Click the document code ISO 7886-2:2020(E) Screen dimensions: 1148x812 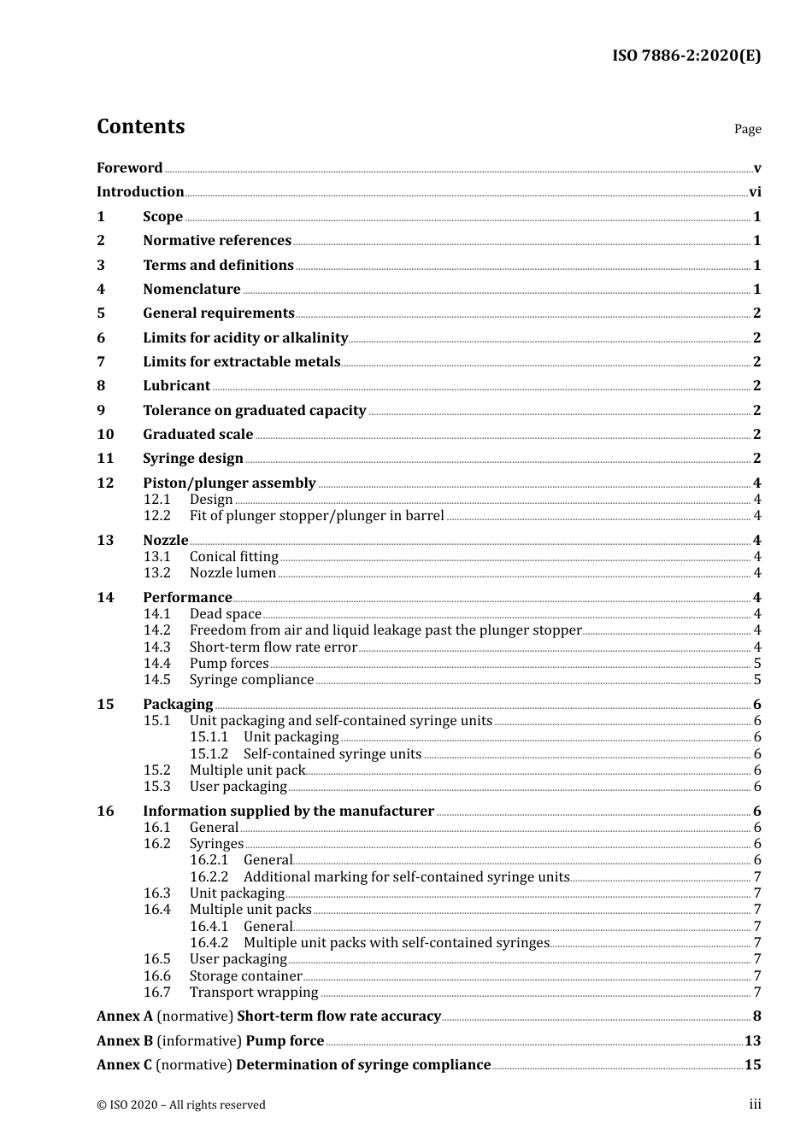(685, 56)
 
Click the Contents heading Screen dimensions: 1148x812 (140, 126)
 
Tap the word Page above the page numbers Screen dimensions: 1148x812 (747, 129)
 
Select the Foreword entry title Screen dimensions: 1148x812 (129, 168)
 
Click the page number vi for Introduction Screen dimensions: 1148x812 (755, 192)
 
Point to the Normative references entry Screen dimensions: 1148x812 (217, 241)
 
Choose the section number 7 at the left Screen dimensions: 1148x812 (101, 362)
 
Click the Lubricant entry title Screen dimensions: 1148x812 (176, 386)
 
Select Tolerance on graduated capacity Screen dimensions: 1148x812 (254, 411)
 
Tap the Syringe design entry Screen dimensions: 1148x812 (193, 459)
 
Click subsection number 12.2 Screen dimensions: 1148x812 (156, 516)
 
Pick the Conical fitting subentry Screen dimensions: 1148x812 (234, 557)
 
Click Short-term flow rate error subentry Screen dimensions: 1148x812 (273, 647)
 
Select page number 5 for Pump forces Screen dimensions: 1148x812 (757, 664)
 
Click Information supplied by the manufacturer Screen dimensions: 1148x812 (288, 811)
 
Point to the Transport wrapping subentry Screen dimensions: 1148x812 (254, 993)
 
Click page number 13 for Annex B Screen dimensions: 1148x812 (752, 1041)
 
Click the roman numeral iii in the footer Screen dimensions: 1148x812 (755, 1104)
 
